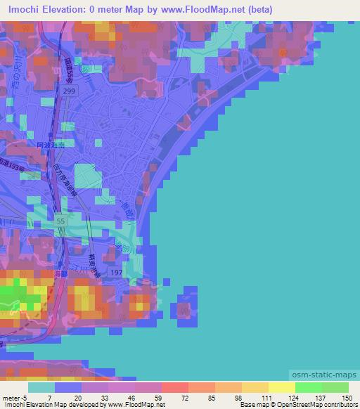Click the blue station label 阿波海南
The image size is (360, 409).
click(x=50, y=144)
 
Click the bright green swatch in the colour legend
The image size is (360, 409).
click(x=308, y=387)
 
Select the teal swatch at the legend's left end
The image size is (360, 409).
click(x=41, y=387)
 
